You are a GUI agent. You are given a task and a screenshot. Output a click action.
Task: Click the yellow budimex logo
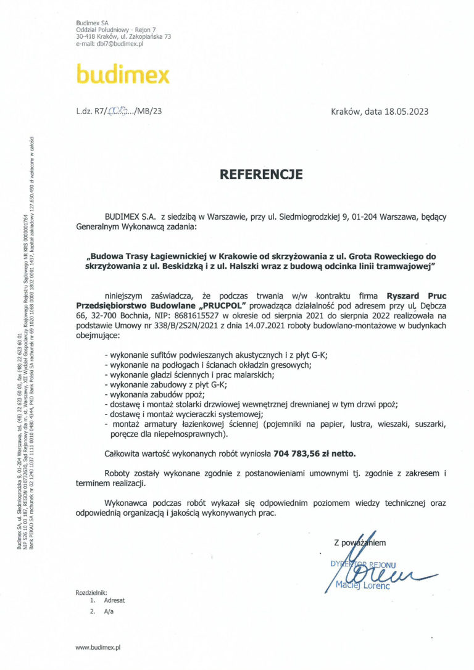[122, 75]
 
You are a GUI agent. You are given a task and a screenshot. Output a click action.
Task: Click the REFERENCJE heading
[261, 174]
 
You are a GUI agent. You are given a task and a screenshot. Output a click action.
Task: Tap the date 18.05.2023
[405, 112]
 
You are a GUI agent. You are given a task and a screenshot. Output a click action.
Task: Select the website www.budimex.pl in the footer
[98, 648]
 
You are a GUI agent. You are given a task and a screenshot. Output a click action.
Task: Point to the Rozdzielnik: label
[91, 592]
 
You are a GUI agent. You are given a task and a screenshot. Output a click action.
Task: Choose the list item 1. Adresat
[107, 600]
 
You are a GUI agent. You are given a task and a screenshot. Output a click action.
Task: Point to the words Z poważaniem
[359, 543]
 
